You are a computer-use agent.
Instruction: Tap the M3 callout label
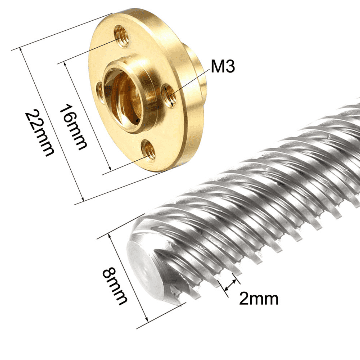point(223,67)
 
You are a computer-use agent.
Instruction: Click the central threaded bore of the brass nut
point(134,90)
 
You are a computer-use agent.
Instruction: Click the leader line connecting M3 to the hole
point(190,80)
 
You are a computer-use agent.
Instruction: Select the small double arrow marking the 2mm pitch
point(230,284)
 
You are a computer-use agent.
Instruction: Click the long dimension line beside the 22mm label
point(50,125)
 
